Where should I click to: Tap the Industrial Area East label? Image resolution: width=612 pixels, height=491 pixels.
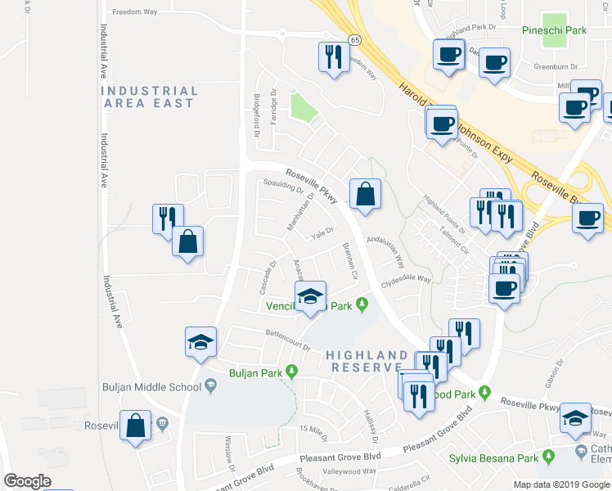(149, 97)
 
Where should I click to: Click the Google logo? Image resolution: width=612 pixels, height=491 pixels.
(27, 481)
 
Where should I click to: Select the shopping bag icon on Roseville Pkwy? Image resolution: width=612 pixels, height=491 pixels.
(366, 195)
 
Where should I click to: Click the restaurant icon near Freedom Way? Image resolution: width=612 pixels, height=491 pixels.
(332, 57)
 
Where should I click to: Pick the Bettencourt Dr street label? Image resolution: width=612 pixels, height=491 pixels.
(287, 340)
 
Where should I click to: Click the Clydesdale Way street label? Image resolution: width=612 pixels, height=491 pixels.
(405, 279)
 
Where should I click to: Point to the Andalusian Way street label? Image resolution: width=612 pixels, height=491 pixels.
(386, 251)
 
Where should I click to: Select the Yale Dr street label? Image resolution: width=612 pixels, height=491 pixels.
(322, 231)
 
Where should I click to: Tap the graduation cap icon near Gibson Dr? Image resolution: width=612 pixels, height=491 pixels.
(575, 417)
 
